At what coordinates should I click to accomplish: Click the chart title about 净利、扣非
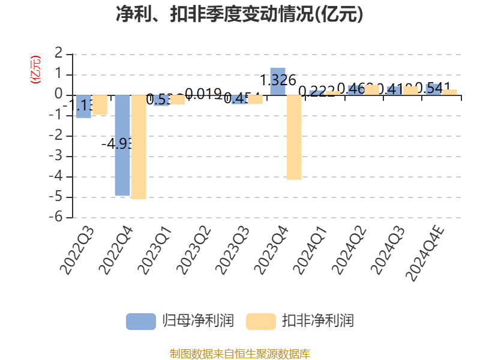pos(239,14)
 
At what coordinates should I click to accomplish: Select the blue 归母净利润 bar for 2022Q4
pos(122,145)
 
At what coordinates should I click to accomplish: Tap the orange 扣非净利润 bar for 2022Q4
pos(138,147)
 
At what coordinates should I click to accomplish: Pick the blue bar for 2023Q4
pos(278,81)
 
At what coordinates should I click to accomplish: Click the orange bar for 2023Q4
pos(294,137)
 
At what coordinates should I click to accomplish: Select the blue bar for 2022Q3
pos(83,106)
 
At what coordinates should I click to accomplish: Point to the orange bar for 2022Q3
pos(100,105)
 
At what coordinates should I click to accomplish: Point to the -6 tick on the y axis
pos(59,218)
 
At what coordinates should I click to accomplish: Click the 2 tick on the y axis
pos(59,54)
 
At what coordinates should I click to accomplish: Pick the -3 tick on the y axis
pos(59,157)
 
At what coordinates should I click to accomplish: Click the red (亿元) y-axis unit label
pos(35,69)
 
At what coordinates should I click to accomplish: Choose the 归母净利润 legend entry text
pos(198,321)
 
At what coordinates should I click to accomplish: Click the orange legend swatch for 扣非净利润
pos(262,321)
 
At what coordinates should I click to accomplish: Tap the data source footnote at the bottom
pos(239,353)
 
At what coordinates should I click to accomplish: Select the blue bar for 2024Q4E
pos(433,89)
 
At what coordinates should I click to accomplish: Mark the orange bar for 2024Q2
pos(372,89)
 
